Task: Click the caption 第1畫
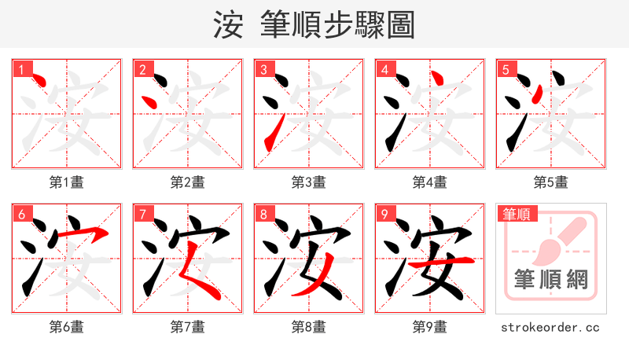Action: pos(67,182)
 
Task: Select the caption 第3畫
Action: pos(309,182)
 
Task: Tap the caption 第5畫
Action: pos(551,182)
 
